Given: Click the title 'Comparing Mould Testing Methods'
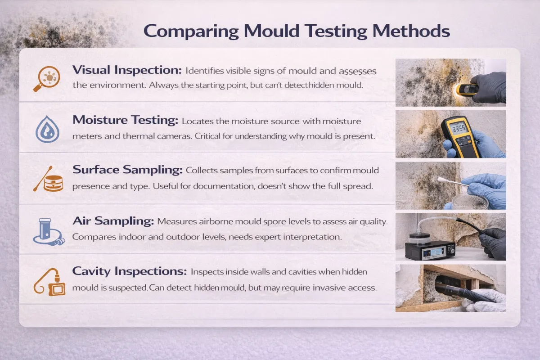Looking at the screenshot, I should click(x=297, y=31).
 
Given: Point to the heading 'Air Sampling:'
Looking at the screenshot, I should click(x=113, y=221).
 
